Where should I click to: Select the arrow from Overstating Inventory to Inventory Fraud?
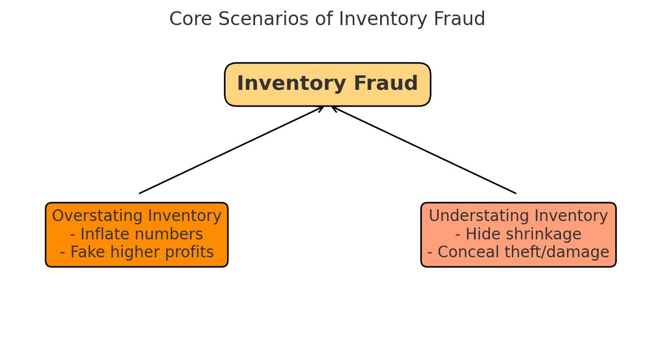point(231,150)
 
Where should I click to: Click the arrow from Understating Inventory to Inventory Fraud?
point(424,150)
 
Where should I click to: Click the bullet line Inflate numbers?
point(137,234)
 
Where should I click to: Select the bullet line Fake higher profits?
point(137,253)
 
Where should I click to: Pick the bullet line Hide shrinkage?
point(518,234)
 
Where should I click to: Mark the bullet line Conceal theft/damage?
point(518,253)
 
